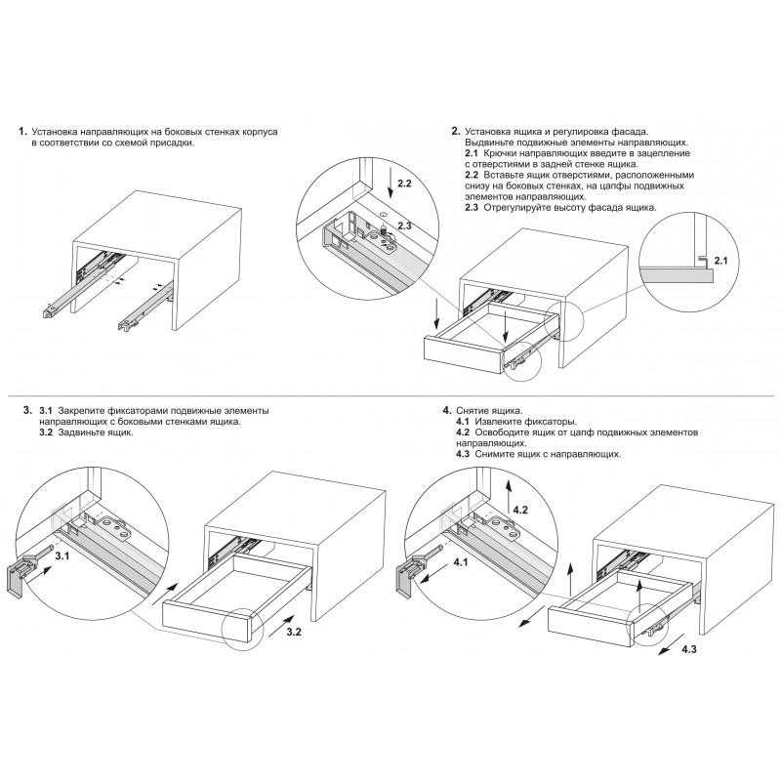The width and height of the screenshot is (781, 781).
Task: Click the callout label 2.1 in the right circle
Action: [720, 260]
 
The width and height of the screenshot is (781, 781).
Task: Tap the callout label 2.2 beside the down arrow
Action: [404, 184]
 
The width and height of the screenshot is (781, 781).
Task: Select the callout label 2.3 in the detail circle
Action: [404, 226]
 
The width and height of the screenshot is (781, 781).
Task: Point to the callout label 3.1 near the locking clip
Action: [62, 555]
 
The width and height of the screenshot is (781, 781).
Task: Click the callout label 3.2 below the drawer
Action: [294, 632]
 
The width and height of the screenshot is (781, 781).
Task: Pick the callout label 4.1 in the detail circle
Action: [461, 562]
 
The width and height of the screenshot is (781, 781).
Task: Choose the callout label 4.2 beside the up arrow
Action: [520, 510]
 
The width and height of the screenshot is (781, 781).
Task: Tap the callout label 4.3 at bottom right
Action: [689, 649]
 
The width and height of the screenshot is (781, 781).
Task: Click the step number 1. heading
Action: [22, 132]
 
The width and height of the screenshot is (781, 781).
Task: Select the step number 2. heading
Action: [456, 132]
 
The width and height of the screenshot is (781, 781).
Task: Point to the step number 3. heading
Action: [27, 411]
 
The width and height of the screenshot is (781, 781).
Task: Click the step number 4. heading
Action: [447, 410]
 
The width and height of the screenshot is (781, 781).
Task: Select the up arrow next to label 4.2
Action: [508, 497]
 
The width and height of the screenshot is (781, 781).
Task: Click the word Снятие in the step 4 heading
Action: [473, 411]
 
